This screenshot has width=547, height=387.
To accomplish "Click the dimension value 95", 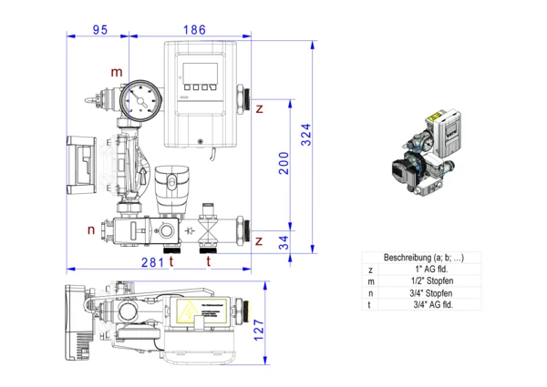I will click(100, 30).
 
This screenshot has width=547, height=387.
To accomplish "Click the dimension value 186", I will click(194, 30).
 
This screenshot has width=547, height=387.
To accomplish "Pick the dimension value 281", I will click(152, 262).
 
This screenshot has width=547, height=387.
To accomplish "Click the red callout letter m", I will click(116, 72).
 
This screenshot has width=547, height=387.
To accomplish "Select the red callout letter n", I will click(91, 229).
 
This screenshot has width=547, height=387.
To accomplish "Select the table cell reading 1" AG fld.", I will click(431, 270).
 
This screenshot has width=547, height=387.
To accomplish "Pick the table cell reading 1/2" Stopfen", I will click(431, 281).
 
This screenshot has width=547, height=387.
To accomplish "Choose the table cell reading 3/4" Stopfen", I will click(431, 293).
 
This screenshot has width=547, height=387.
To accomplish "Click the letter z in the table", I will click(370, 270).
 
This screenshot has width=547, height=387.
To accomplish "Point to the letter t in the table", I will click(370, 305).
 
